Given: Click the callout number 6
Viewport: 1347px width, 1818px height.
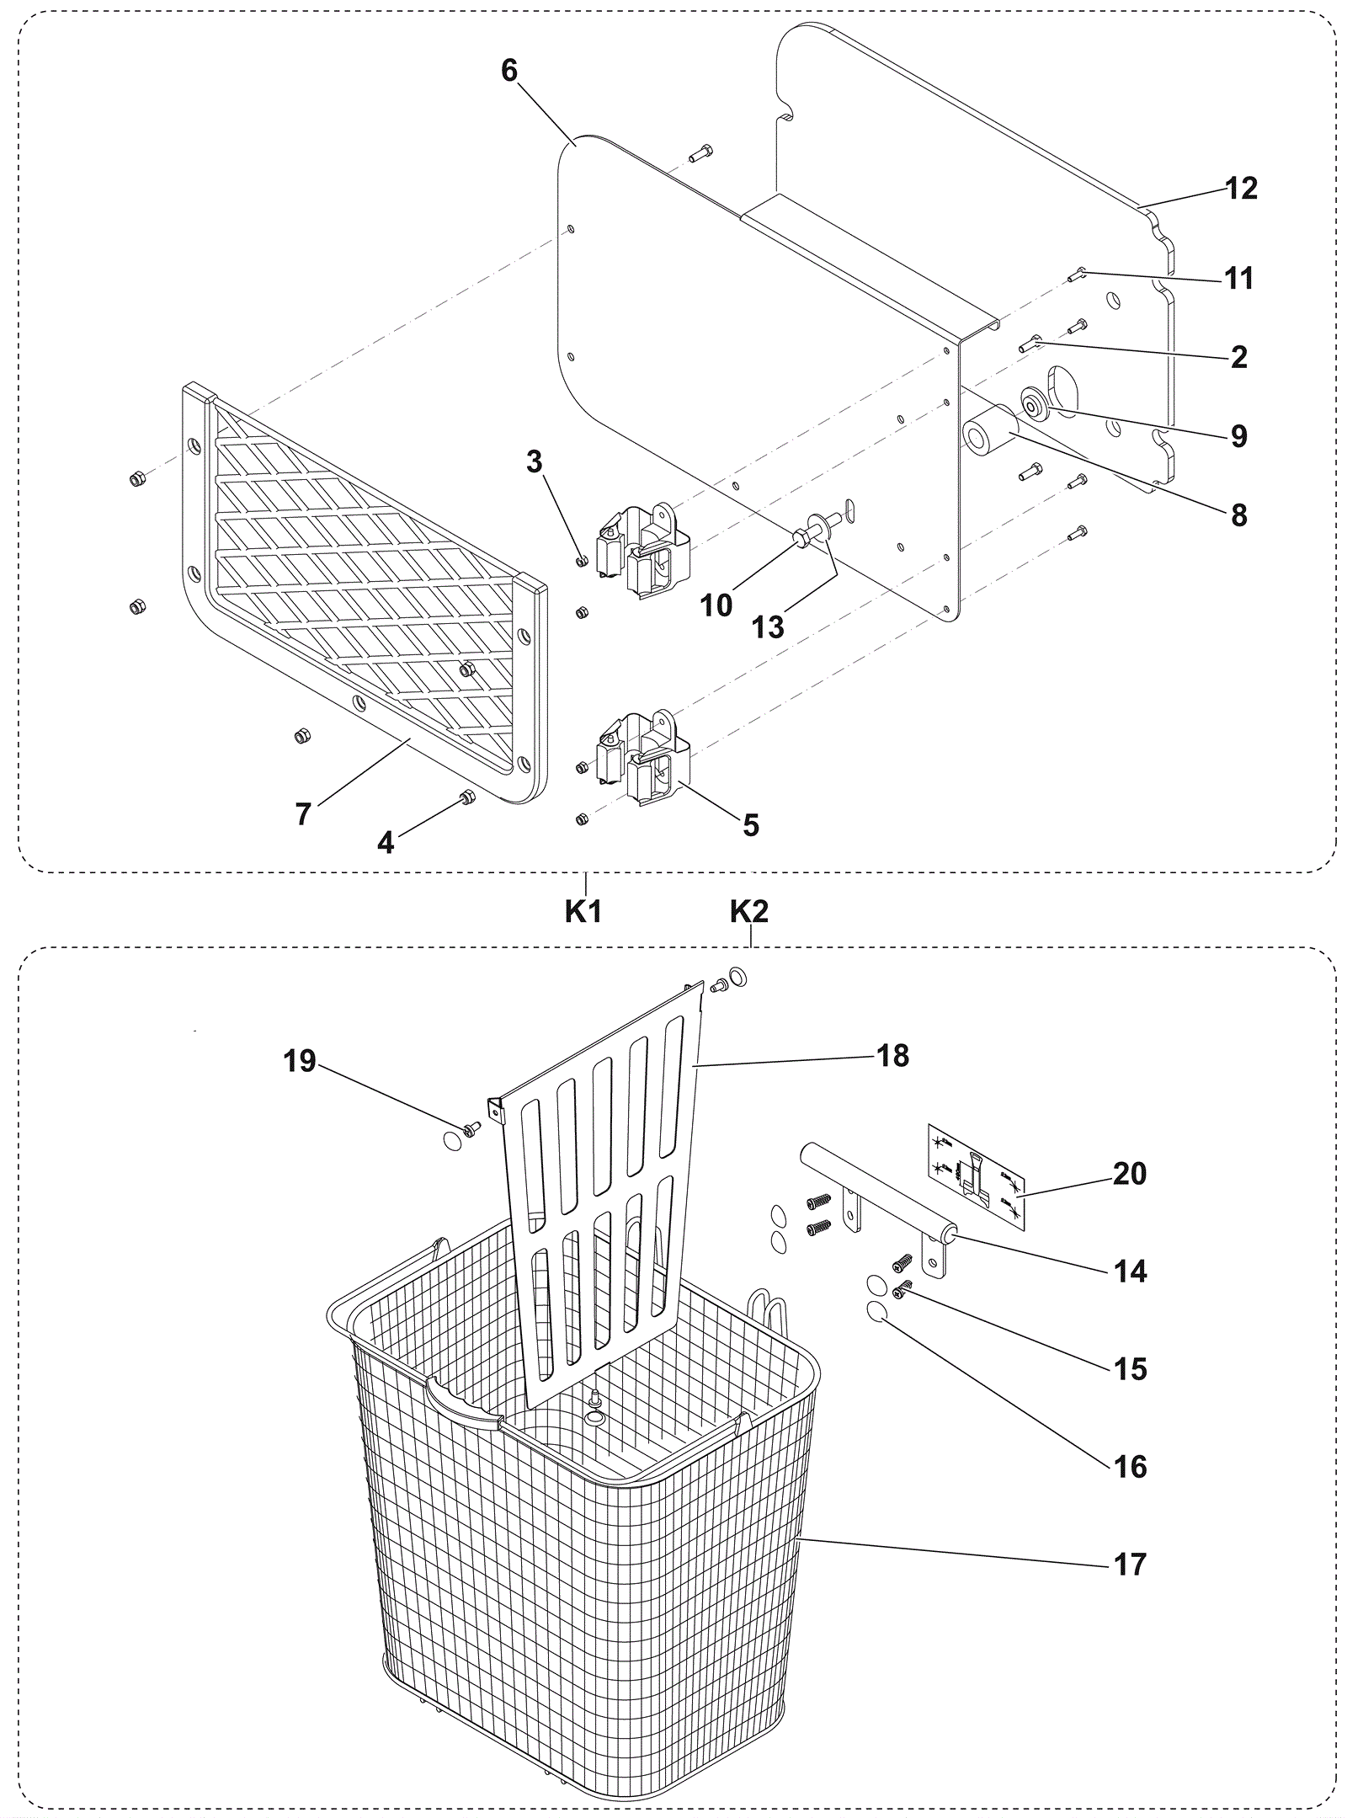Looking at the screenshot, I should tap(509, 72).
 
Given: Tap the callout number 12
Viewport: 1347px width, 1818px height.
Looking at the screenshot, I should tap(1241, 189).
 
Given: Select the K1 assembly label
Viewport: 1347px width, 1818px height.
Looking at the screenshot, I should tap(583, 911).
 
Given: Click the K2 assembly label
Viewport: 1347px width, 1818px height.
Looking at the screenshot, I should tap(749, 911).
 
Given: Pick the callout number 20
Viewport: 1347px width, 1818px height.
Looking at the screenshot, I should tap(1130, 1173).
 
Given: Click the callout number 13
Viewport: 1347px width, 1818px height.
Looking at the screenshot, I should tap(768, 626).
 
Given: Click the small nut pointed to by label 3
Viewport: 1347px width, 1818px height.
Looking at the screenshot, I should tap(581, 560).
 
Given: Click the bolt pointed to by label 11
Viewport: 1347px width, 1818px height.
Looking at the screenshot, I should tap(1079, 273).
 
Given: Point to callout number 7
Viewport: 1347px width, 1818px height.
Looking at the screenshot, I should tap(303, 813).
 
